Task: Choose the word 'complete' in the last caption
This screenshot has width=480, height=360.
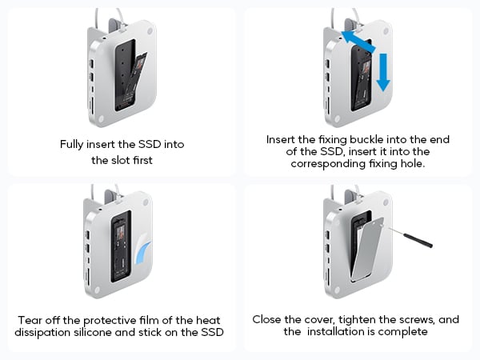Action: point(407,332)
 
